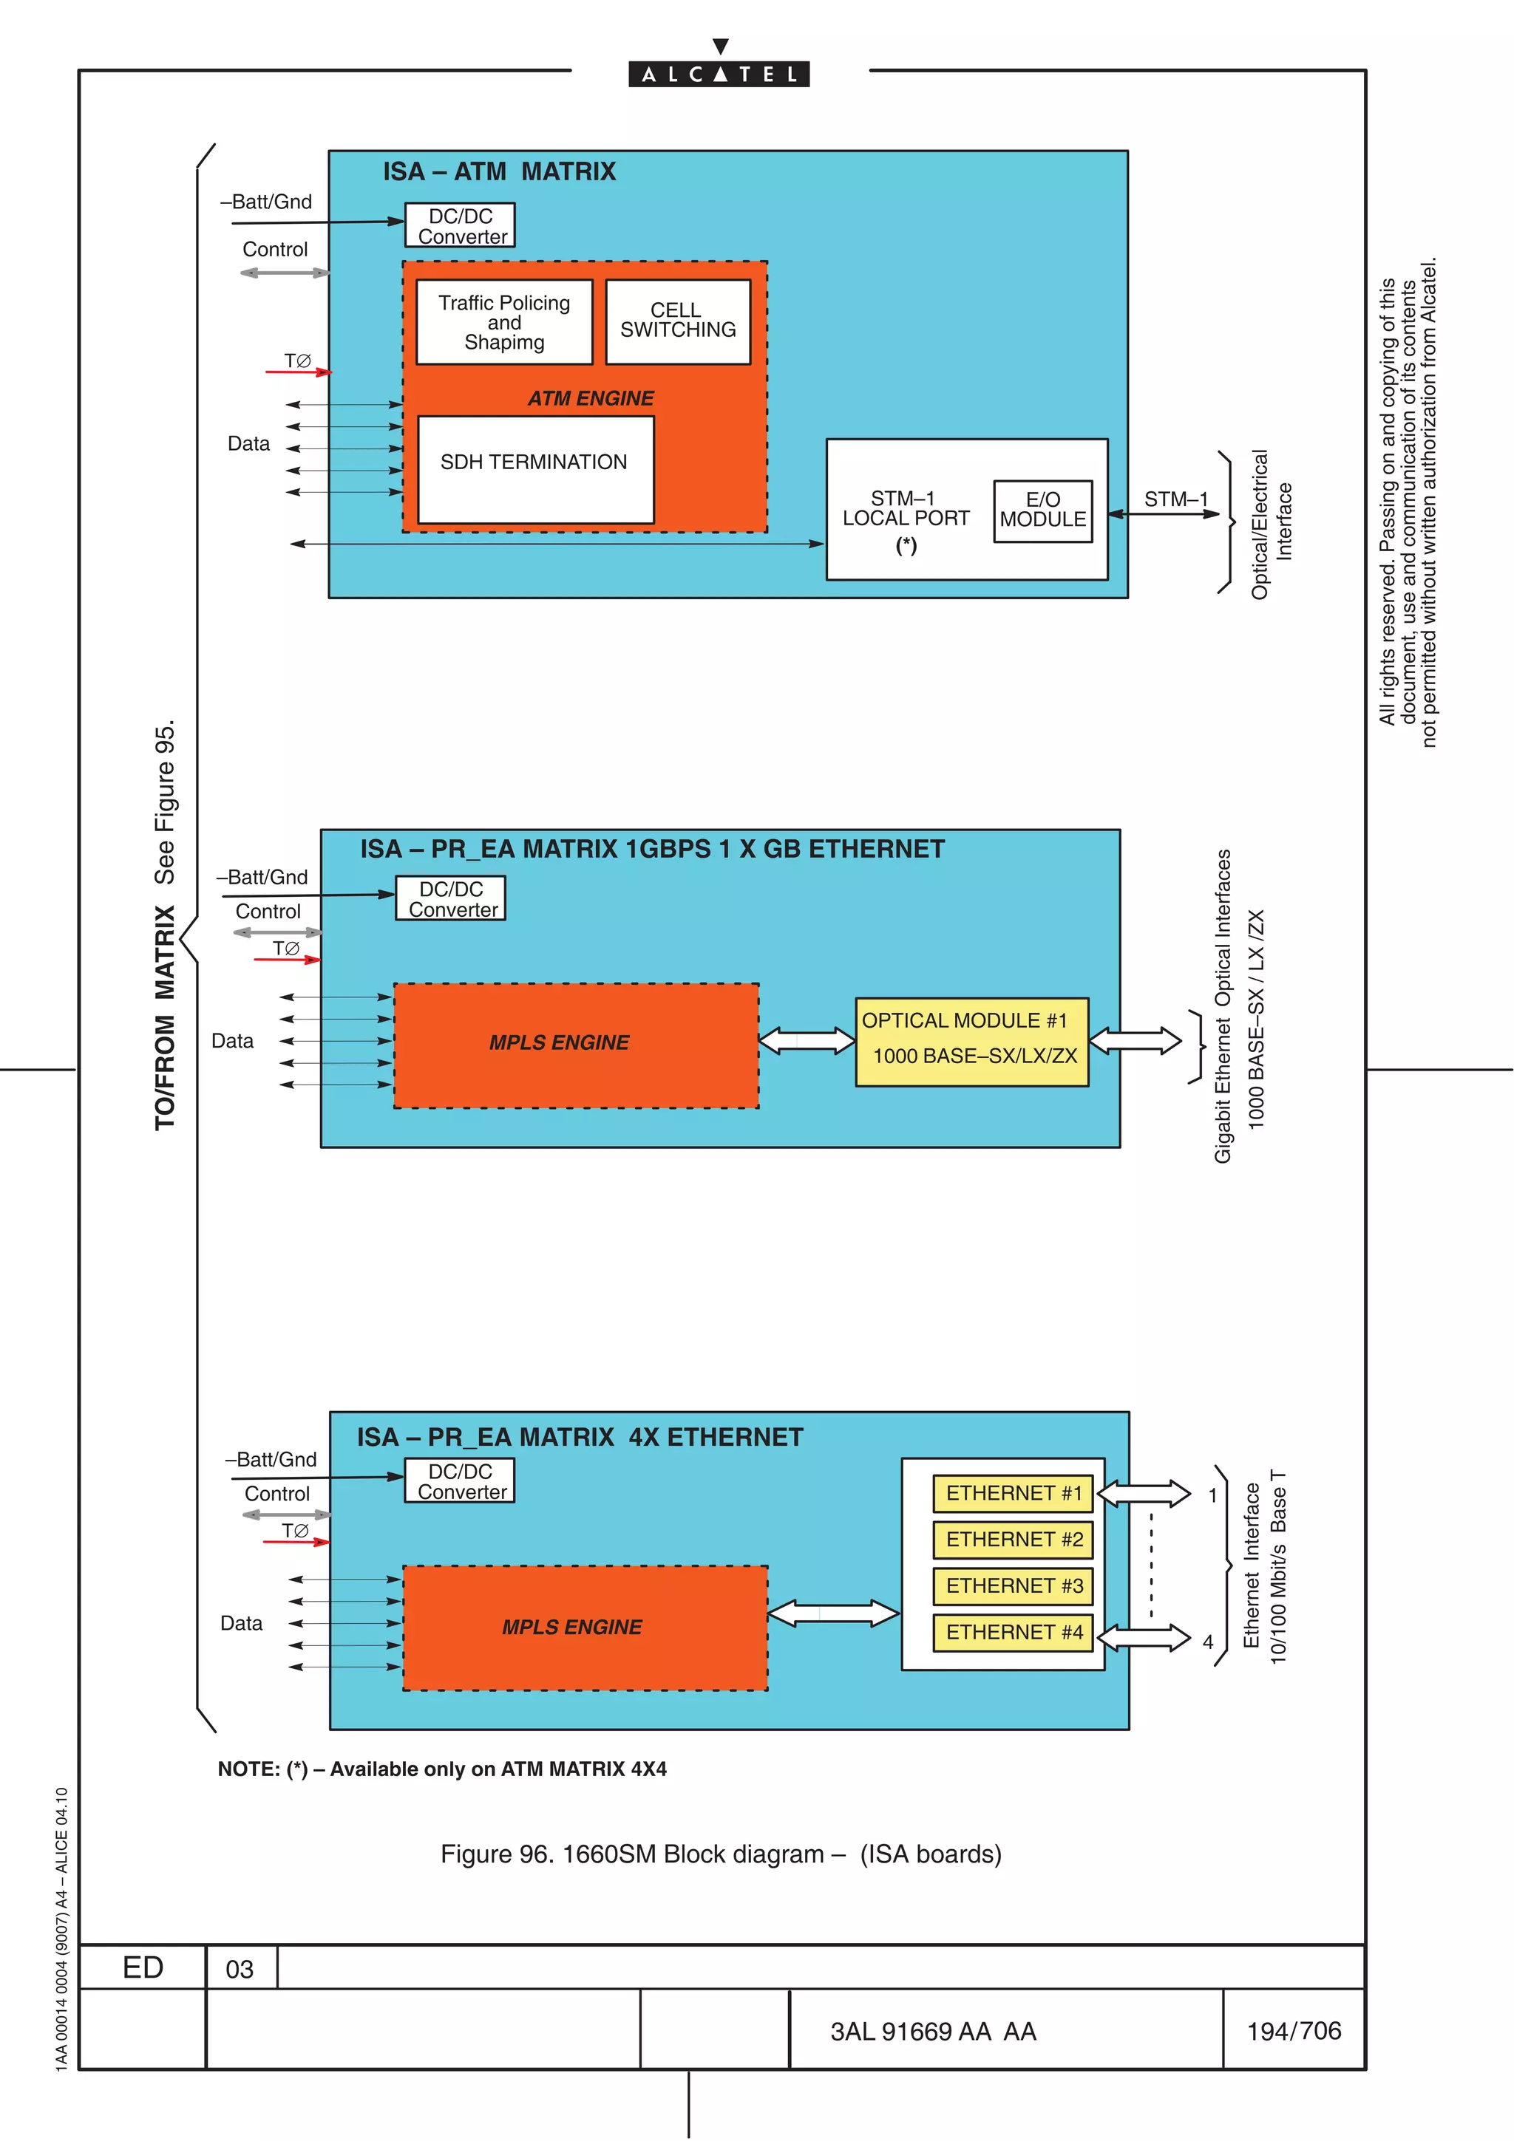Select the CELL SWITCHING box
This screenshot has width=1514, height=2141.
[678, 321]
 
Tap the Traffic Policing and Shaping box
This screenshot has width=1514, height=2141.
[503, 321]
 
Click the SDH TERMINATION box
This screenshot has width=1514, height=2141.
[535, 469]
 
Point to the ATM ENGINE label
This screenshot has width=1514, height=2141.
[591, 398]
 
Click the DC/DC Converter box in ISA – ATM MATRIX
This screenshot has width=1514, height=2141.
[460, 225]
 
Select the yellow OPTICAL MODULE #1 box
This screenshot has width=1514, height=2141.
[972, 1041]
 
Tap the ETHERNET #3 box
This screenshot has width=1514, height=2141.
[1014, 1585]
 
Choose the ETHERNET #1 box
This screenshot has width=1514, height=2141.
[1014, 1493]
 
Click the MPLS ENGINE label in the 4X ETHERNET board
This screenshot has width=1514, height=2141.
[572, 1628]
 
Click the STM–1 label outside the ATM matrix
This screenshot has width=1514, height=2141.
[1175, 499]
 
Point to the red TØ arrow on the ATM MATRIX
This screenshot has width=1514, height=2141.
[299, 371]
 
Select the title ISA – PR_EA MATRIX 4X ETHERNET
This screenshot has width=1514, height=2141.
[580, 1437]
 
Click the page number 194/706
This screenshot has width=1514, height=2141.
[1293, 2031]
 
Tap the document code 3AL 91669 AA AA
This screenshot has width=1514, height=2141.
[933, 2032]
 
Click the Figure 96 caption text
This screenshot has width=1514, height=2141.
[720, 1854]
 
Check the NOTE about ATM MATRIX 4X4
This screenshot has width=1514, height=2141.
[442, 1769]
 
